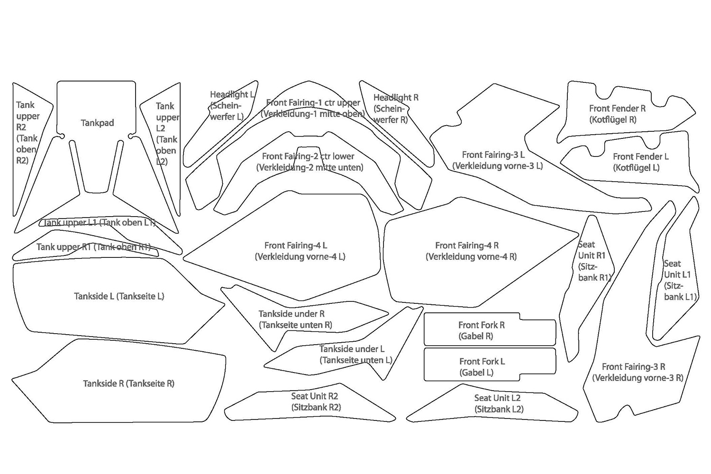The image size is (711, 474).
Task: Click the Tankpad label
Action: pyautogui.click(x=97, y=123)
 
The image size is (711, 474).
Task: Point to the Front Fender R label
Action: pyautogui.click(x=617, y=114)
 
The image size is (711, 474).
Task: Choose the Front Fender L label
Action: pyautogui.click(x=640, y=162)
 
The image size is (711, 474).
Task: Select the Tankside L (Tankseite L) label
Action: pyautogui.click(x=119, y=297)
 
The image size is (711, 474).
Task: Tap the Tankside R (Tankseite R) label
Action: pyautogui.click(x=128, y=384)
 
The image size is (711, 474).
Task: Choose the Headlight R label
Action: pyautogui.click(x=395, y=109)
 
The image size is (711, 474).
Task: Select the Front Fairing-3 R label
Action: pyautogui.click(x=637, y=373)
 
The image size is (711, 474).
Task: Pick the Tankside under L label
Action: pyautogui.click(x=353, y=355)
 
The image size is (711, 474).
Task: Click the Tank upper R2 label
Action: pyautogui.click(x=27, y=133)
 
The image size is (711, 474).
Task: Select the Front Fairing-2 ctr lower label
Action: pyautogui.click(x=309, y=162)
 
